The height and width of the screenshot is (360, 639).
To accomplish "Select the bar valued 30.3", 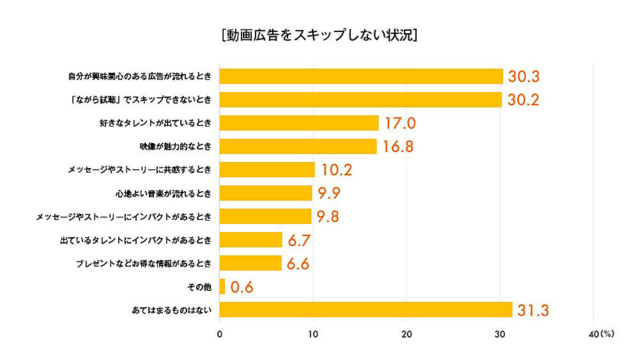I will (x=361, y=76).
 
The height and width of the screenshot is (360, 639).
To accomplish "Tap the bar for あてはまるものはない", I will (x=366, y=309).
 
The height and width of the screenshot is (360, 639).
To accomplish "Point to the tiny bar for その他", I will (x=222, y=286).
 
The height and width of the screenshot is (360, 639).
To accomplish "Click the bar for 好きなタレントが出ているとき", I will (x=299, y=123).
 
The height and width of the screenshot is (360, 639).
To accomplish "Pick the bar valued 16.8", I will (x=298, y=146).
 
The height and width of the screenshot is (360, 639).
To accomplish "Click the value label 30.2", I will (x=524, y=100).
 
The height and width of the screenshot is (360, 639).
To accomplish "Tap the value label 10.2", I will (x=336, y=170).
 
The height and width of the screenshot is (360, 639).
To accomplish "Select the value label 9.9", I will (x=330, y=193).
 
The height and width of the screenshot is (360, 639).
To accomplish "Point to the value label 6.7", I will (x=299, y=240).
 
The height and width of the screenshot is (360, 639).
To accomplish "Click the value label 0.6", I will (x=242, y=287).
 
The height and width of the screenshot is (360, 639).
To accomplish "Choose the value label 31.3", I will (x=534, y=311).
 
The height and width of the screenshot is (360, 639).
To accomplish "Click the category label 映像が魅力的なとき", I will (x=176, y=146).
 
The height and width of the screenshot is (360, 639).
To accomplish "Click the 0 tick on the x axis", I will (x=220, y=334).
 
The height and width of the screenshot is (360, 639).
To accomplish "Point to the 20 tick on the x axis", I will (x=406, y=334).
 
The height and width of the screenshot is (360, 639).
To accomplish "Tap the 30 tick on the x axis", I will (x=500, y=334).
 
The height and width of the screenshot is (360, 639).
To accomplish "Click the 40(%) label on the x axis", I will (x=599, y=334).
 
